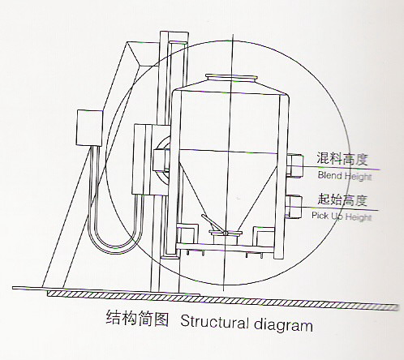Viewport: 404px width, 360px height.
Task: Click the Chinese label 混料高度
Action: click(x=342, y=158)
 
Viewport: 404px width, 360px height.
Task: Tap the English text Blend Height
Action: click(x=345, y=176)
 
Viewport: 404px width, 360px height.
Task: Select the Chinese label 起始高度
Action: click(x=342, y=199)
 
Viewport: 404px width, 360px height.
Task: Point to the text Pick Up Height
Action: click(x=342, y=216)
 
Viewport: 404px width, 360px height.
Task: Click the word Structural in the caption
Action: click(x=214, y=322)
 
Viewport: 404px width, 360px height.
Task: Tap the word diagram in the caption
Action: click(x=283, y=324)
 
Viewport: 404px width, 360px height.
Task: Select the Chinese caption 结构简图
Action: click(x=137, y=318)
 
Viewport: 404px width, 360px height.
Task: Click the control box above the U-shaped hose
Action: click(x=90, y=128)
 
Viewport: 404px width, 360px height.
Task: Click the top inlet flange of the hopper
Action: click(x=231, y=78)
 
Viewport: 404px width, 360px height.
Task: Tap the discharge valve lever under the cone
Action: click(x=213, y=224)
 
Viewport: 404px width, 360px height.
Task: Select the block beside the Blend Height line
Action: click(x=295, y=166)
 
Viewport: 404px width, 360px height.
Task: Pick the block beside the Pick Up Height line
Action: click(x=294, y=207)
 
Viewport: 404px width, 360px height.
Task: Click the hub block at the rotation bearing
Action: click(x=161, y=160)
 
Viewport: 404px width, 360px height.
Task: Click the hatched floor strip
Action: click(x=222, y=299)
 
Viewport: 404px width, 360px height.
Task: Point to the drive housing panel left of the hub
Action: click(x=143, y=160)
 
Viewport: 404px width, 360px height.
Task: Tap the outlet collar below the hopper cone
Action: click(x=226, y=238)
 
